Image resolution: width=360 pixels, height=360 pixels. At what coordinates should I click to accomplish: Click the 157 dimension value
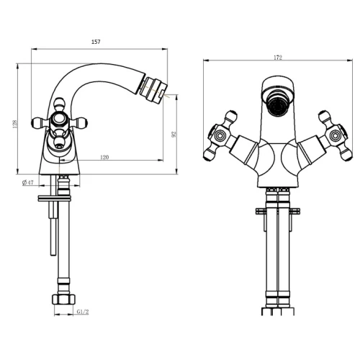[96, 42]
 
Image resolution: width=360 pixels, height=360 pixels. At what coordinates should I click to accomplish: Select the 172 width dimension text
[278, 58]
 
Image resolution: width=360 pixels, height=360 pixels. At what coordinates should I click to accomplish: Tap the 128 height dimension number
[15, 124]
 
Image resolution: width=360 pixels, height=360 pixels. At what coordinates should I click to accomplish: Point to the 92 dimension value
[174, 134]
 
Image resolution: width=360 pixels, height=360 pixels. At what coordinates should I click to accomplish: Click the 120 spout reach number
[104, 158]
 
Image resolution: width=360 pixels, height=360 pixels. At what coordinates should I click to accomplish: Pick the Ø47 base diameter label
[27, 183]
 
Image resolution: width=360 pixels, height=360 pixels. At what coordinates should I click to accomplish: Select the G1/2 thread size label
[83, 312]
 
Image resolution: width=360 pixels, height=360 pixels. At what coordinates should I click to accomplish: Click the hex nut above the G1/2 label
[63, 300]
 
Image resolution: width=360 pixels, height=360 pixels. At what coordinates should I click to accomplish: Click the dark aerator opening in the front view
[277, 105]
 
